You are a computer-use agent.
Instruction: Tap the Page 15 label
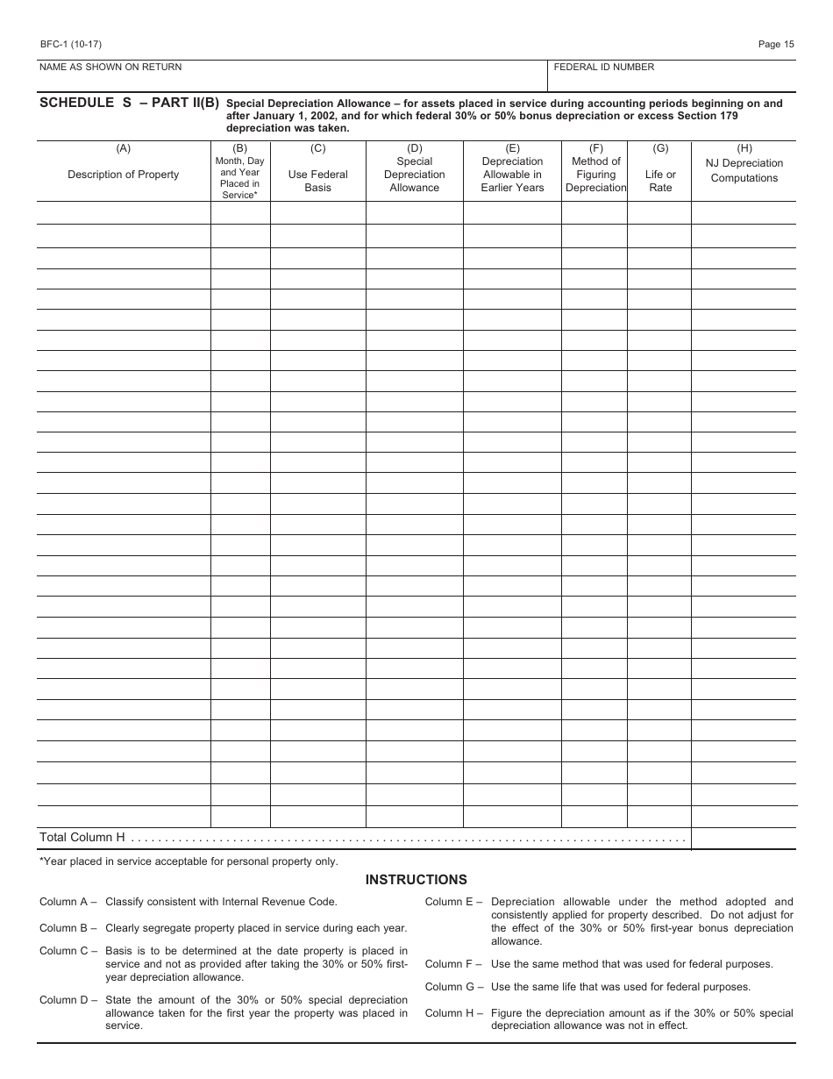(775, 44)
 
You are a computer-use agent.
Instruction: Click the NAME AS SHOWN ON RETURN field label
(110, 68)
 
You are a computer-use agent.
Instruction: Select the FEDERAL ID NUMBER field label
(603, 68)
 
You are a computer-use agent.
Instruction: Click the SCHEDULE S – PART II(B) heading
(129, 103)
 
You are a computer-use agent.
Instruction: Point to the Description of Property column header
(123, 175)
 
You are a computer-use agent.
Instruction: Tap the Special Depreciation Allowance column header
(414, 175)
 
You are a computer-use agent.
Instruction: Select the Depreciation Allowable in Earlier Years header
(512, 175)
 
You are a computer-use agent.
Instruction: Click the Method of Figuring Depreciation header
(595, 175)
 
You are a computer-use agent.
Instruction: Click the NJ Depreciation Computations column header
(744, 170)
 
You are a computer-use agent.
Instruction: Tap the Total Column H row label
(82, 838)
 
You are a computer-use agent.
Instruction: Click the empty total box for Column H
(744, 839)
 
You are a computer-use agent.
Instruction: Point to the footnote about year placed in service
(189, 861)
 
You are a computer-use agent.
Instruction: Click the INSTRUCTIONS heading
(416, 880)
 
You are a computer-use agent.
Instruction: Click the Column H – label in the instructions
(454, 1013)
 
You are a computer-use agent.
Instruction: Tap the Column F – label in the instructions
(454, 964)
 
